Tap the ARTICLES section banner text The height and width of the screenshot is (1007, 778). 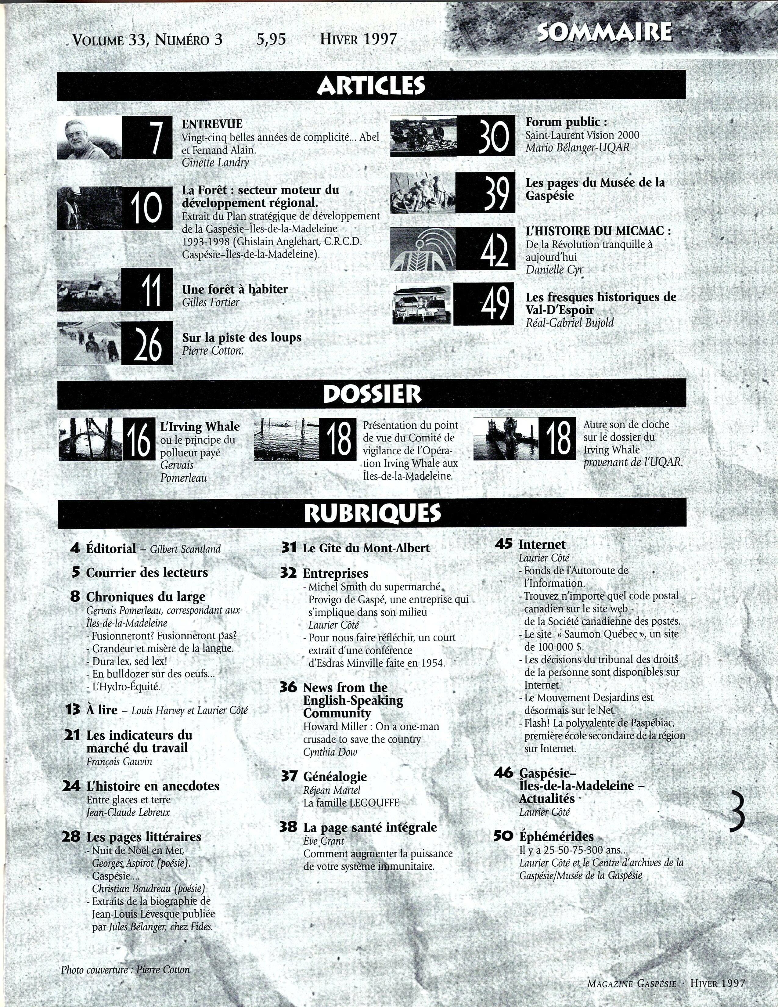coord(371,86)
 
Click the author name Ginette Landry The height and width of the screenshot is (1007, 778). coord(215,162)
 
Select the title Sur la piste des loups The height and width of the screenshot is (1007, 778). coord(242,337)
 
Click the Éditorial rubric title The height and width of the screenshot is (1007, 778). coord(111,549)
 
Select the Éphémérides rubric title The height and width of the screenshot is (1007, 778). coord(556,836)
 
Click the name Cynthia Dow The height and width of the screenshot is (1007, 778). coord(330,752)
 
